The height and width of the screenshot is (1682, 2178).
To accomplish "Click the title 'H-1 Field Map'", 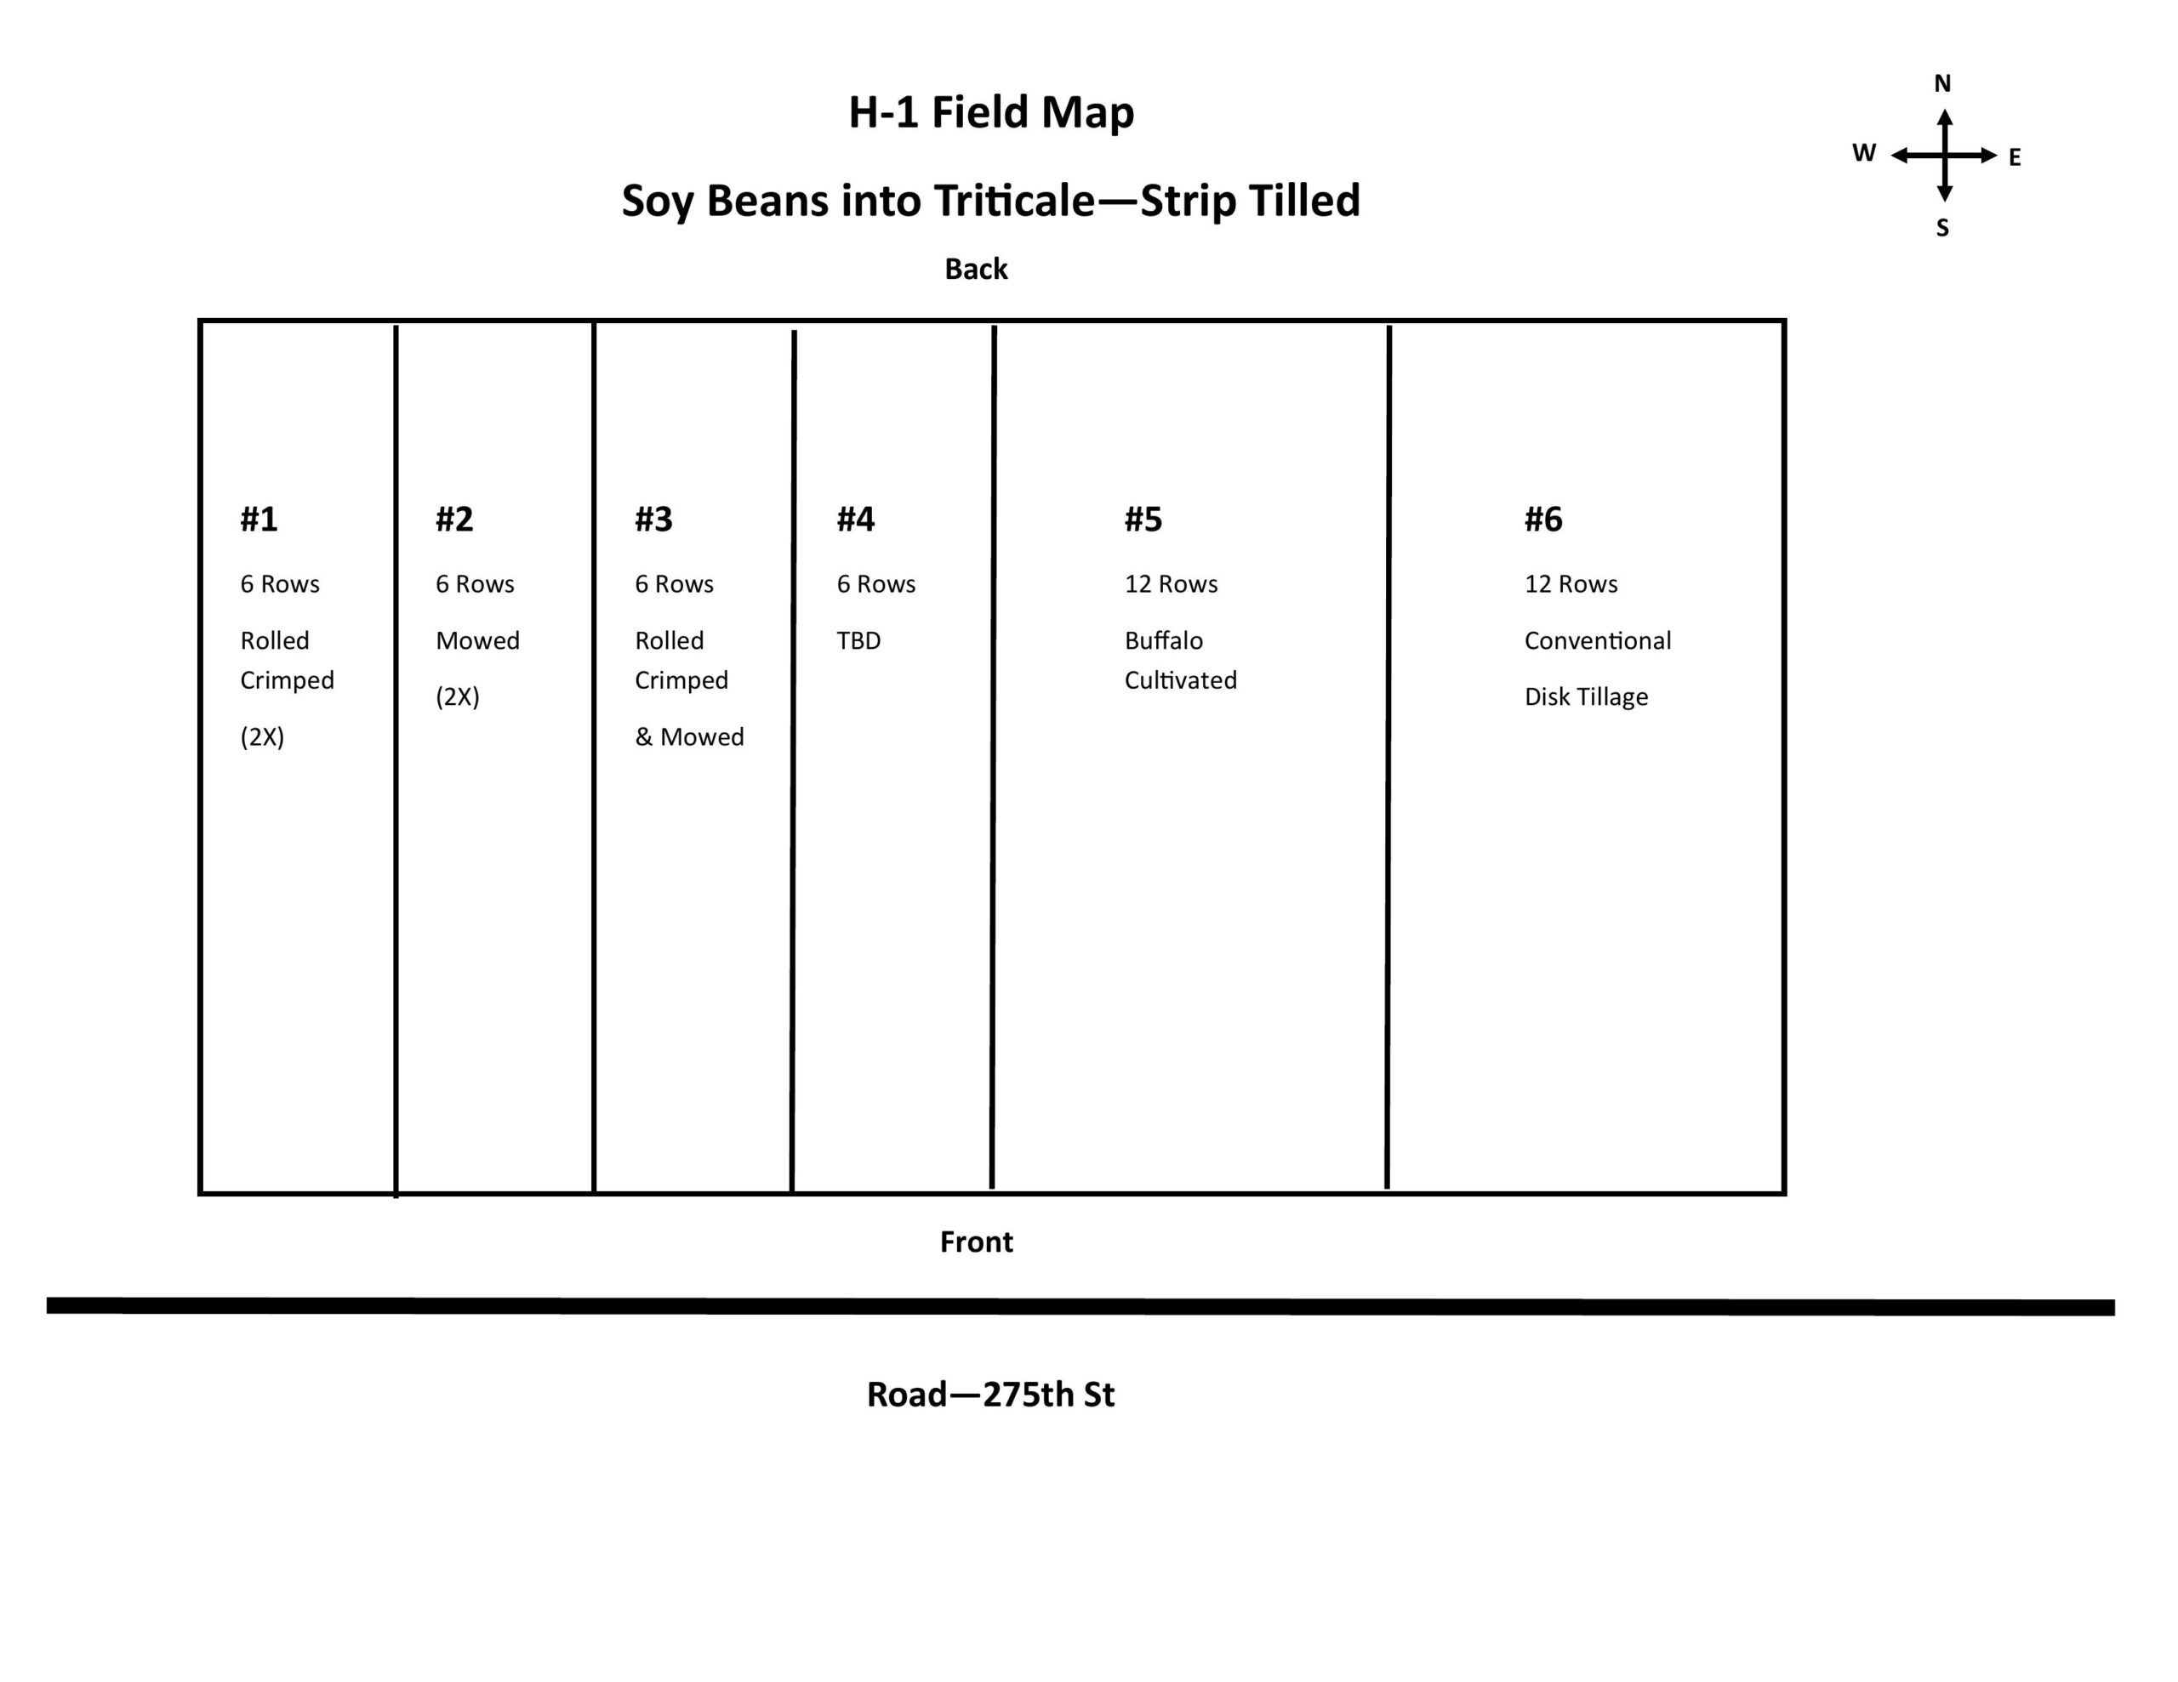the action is point(991,112).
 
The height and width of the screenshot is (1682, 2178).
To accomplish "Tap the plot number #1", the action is point(259,519).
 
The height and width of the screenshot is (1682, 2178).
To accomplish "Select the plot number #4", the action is point(856,519).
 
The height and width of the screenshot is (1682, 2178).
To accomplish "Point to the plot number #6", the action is point(1544,519).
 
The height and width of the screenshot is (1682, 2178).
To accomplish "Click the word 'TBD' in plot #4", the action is point(858,640).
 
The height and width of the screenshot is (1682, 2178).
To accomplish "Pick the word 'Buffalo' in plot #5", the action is point(1164,640).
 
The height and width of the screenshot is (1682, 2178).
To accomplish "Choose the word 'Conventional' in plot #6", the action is point(1598,640).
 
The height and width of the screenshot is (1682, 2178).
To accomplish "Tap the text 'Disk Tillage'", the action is point(1586,697).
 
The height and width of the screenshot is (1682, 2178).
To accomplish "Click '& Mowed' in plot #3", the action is point(689,736).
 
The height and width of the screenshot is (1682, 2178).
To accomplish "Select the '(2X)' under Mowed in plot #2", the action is point(458,697).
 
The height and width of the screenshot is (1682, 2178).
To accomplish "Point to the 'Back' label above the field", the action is point(977,270).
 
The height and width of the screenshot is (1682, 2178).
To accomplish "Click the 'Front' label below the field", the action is point(977,1242).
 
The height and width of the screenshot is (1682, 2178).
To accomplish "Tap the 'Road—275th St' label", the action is point(990,1394).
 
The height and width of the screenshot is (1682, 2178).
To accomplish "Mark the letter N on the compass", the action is point(1942,83).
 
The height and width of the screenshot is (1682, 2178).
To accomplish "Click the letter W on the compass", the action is point(1864,152).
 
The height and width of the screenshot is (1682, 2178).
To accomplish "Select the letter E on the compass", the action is point(2015,157).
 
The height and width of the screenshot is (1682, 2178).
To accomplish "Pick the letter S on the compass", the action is point(1942,229).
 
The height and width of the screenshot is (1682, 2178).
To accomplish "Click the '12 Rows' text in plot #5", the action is point(1171,584).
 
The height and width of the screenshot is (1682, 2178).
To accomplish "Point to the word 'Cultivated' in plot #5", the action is point(1181,680).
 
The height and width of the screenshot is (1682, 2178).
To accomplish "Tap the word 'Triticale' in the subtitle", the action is point(1014,201).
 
